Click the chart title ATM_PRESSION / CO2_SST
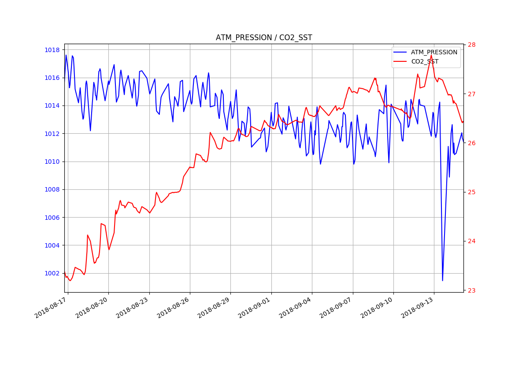coord(263,38)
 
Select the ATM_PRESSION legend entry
coord(434,52)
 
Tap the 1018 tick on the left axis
coord(52,50)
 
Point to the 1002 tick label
coord(52,273)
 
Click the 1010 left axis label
coord(52,162)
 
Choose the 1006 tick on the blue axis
coord(52,218)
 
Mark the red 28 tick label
coord(472,45)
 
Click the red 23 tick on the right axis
coord(472,290)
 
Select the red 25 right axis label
coord(472,192)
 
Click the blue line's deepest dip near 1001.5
coord(442,280)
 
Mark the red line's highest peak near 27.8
coord(431,55)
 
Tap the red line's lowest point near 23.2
coord(70,281)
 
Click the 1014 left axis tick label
coord(52,105)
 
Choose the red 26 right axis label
coord(472,143)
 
